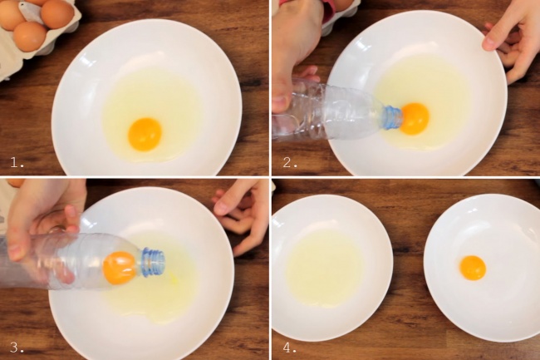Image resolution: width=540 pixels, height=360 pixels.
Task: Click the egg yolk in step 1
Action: point(145,135)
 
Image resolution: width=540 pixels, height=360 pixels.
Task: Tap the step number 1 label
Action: point(17,162)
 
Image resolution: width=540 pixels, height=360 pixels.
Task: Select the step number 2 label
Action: point(290,162)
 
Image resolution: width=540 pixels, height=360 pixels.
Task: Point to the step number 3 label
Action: point(17,348)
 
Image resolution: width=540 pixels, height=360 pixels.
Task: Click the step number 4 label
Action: point(290,348)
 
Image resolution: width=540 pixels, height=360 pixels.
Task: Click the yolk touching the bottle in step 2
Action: point(415,119)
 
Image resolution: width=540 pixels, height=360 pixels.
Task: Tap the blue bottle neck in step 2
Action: point(393,117)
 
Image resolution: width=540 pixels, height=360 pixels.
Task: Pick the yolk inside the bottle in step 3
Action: point(120,268)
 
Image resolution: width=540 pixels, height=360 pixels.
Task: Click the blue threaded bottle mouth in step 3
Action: point(153,263)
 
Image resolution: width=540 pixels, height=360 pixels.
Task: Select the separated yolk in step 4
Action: point(473,268)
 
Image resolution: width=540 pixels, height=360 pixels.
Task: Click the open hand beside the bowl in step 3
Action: point(241,215)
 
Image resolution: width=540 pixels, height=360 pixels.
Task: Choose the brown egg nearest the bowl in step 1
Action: point(30,37)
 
